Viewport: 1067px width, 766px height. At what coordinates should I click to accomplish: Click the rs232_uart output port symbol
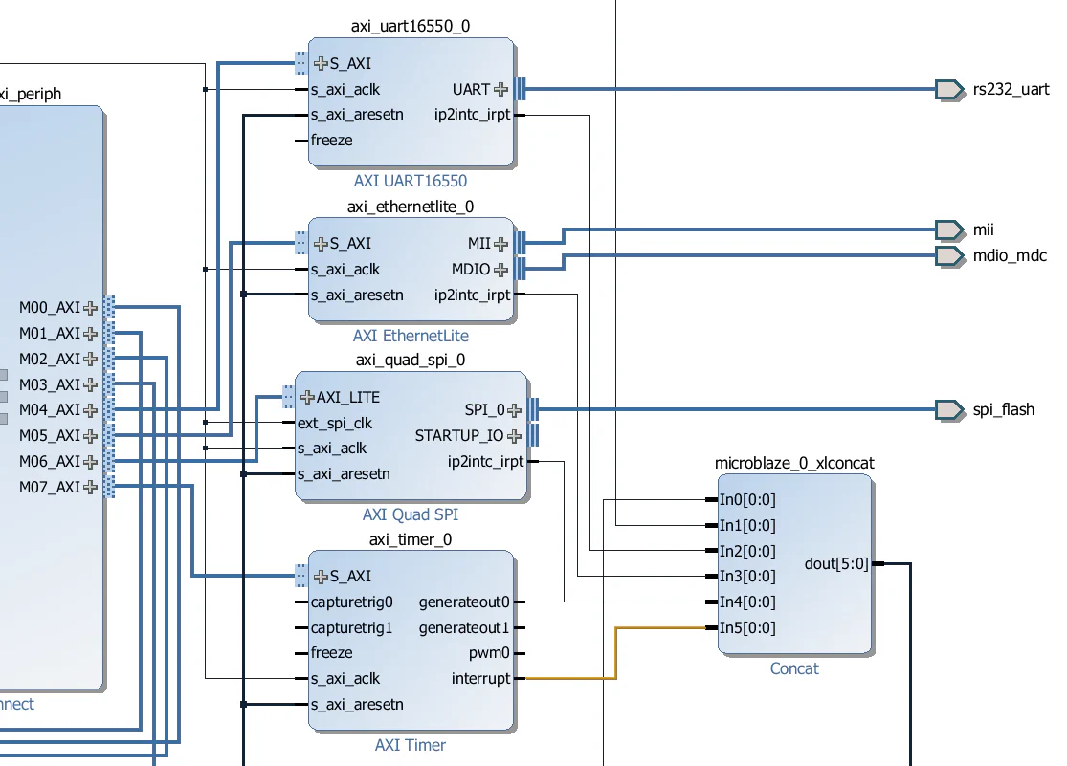pyautogui.click(x=949, y=90)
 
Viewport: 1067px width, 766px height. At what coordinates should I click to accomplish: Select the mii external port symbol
pyautogui.click(x=949, y=230)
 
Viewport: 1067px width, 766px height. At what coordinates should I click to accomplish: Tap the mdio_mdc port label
pyautogui.click(x=1010, y=255)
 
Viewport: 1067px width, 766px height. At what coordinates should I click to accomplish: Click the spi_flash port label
pyautogui.click(x=1003, y=409)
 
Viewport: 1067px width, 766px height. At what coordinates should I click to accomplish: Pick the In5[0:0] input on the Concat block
pyautogui.click(x=747, y=628)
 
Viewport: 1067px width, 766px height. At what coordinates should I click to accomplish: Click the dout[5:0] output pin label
pyautogui.click(x=837, y=564)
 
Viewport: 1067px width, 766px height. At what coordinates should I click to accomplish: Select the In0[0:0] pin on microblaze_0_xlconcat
pyautogui.click(x=747, y=499)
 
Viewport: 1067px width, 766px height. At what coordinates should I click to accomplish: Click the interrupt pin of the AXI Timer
pyautogui.click(x=481, y=679)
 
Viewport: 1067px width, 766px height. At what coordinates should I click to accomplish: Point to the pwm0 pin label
pyautogui.click(x=490, y=653)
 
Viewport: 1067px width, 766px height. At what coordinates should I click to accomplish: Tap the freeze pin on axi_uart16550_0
pyautogui.click(x=331, y=141)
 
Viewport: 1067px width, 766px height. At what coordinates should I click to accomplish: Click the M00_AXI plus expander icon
pyautogui.click(x=91, y=308)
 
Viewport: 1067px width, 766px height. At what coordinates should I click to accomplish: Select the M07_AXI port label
pyautogui.click(x=50, y=487)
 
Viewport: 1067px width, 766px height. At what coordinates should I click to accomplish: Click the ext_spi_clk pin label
pyautogui.click(x=335, y=423)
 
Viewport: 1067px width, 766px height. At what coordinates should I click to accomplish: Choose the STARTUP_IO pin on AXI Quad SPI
pyautogui.click(x=458, y=436)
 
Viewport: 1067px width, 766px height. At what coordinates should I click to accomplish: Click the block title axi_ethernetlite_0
pyautogui.click(x=411, y=207)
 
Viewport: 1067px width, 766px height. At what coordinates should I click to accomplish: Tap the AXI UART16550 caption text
pyautogui.click(x=411, y=181)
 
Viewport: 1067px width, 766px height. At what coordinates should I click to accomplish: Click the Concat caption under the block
pyautogui.click(x=794, y=668)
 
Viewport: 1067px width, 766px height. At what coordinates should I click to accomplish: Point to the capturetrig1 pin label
pyautogui.click(x=351, y=628)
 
